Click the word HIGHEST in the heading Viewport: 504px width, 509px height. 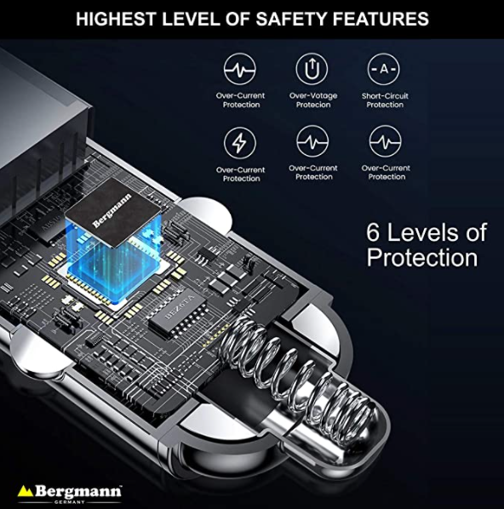(x=116, y=19)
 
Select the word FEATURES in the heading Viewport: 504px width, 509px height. (x=381, y=19)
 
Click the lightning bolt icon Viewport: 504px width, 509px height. (x=240, y=143)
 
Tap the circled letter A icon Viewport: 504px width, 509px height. (x=384, y=69)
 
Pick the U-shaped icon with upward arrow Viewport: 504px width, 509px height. (x=312, y=69)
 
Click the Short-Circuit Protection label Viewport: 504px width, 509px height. (x=385, y=100)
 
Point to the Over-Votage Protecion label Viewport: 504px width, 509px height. (x=313, y=100)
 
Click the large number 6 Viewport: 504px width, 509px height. (x=373, y=232)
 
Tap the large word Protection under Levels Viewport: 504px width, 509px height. (x=422, y=258)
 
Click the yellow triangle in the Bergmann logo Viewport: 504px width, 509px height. (x=25, y=490)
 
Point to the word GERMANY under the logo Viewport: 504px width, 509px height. (x=70, y=502)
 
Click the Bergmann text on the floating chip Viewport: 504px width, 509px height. (x=112, y=210)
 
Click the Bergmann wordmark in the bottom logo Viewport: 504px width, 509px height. (x=78, y=491)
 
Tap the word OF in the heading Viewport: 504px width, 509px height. (x=238, y=19)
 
